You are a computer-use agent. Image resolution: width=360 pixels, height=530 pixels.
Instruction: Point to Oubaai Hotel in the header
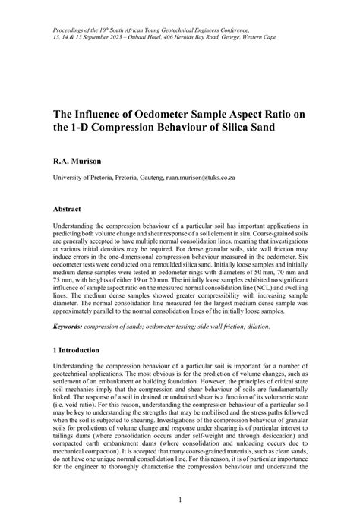click(x=167, y=36)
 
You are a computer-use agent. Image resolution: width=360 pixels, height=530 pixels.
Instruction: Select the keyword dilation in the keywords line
click(x=251, y=327)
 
